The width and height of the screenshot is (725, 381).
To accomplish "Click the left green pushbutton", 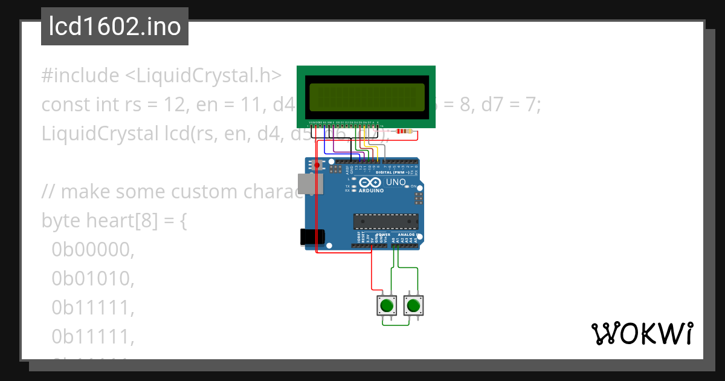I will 385,305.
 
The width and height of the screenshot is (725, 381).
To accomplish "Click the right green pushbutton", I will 413,305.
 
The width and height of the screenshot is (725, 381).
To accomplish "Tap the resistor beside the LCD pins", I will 402,131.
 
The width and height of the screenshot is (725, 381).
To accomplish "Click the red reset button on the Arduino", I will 317,164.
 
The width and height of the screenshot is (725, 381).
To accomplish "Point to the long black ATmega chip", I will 385,222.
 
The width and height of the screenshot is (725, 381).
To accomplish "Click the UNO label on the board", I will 396,181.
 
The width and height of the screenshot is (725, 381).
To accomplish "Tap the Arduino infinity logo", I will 370,182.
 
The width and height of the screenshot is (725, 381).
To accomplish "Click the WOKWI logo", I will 642,333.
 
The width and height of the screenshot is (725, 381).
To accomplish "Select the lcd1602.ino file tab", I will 115,27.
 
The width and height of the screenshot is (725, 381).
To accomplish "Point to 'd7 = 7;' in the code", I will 510,105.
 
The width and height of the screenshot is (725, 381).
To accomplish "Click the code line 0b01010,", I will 92,279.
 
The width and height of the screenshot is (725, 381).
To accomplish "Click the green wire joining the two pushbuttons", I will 399,325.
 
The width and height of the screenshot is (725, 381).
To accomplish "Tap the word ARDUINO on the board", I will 371,190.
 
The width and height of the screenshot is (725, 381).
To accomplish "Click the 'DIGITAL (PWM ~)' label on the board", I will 391,172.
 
